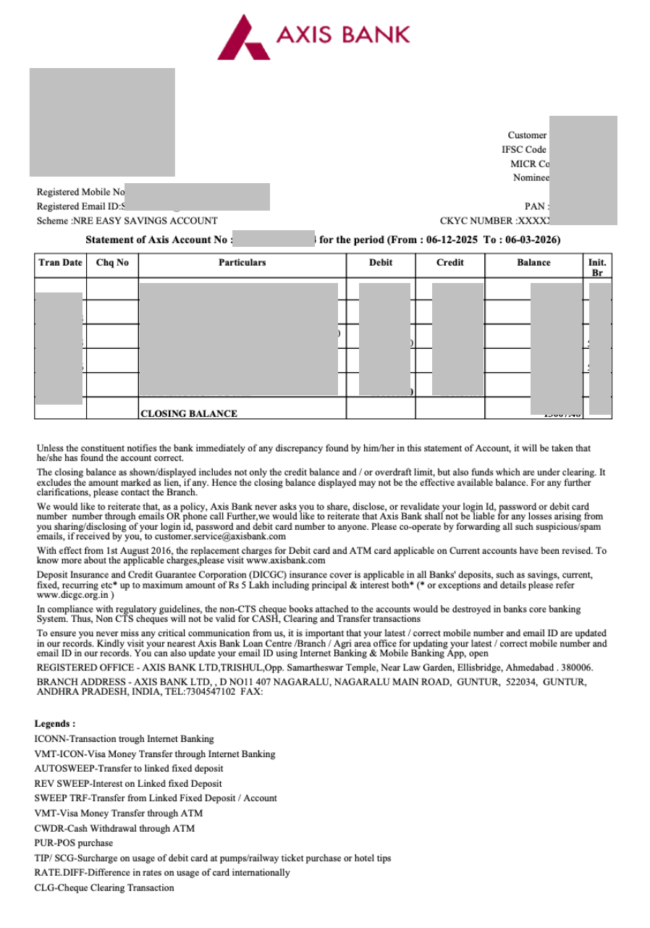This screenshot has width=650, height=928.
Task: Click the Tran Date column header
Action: pos(60,263)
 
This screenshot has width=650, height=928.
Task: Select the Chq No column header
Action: pos(112,263)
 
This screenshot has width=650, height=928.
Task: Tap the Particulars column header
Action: pos(242,263)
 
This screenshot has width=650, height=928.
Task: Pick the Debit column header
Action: pos(381,263)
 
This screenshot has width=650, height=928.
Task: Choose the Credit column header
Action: pos(450,263)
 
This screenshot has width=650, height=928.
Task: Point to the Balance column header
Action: pos(533,263)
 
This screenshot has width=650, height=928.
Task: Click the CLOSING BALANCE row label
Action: pos(188,414)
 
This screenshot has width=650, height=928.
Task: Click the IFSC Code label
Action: pos(524,150)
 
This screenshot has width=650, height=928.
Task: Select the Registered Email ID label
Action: pos(80,207)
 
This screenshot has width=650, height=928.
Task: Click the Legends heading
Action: pos(55,724)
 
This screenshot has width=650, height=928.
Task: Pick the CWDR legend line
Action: pos(114,828)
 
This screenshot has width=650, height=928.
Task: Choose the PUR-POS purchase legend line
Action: pos(74,843)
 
